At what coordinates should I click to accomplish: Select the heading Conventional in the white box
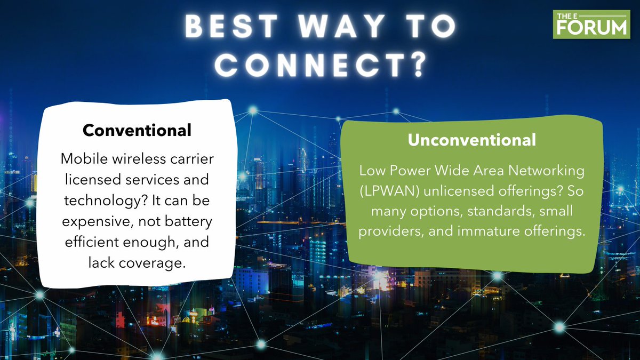(x=137, y=130)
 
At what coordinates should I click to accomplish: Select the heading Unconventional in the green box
(x=472, y=140)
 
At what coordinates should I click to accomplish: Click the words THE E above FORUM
(x=567, y=14)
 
